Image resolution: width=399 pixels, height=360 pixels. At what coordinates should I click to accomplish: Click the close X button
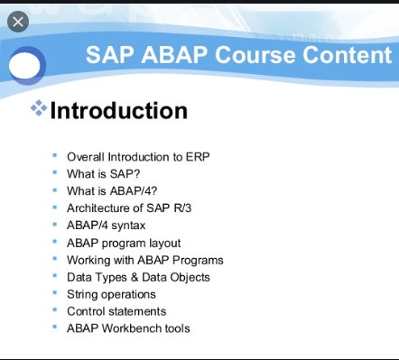coord(18,22)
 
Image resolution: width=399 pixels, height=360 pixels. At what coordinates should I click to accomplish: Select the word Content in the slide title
coord(347,55)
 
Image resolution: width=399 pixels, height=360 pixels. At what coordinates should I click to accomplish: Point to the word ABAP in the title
coord(171,55)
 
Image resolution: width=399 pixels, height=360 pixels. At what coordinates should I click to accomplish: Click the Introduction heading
coord(118,110)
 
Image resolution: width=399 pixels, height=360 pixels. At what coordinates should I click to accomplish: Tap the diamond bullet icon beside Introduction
coord(38,109)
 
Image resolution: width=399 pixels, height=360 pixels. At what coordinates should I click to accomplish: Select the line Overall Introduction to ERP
coord(138,157)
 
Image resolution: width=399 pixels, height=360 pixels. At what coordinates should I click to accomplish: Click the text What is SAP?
coord(103,174)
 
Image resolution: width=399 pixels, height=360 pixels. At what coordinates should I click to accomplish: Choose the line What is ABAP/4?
coord(111,191)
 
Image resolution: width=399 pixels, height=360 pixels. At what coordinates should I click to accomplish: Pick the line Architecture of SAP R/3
coord(130,208)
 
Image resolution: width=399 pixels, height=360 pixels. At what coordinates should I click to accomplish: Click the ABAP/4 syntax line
coord(106,226)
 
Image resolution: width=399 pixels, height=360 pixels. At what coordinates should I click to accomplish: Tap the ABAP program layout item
coord(124,243)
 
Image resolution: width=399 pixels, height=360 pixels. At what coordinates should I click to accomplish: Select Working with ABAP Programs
coord(144,260)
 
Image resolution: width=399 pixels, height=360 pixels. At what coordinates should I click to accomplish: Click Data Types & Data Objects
coord(138,277)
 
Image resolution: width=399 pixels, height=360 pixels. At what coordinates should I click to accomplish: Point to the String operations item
coord(111,294)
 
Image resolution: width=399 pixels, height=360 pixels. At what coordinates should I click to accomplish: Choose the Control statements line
coord(116,311)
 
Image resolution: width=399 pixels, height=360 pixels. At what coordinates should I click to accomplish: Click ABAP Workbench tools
coord(128,328)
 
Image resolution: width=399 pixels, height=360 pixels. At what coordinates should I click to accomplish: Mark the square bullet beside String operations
coord(55,293)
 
